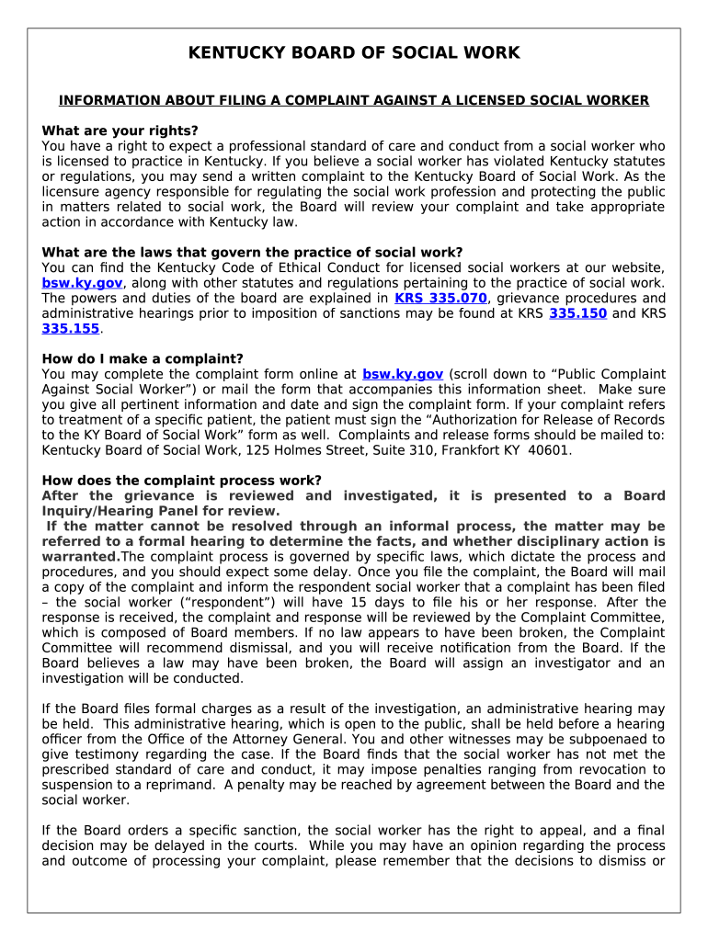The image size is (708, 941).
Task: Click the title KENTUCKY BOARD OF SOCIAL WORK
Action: (354, 53)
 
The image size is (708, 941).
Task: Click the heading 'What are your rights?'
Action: (120, 130)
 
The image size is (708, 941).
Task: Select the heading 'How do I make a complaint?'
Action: (143, 358)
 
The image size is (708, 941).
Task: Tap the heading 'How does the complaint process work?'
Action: (182, 480)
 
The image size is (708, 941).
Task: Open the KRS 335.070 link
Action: (440, 298)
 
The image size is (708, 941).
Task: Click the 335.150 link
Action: (577, 313)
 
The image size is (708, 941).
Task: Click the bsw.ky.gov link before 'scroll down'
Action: (403, 374)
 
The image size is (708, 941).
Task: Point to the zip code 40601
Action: (551, 450)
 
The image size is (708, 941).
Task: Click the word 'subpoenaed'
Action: (610, 739)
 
